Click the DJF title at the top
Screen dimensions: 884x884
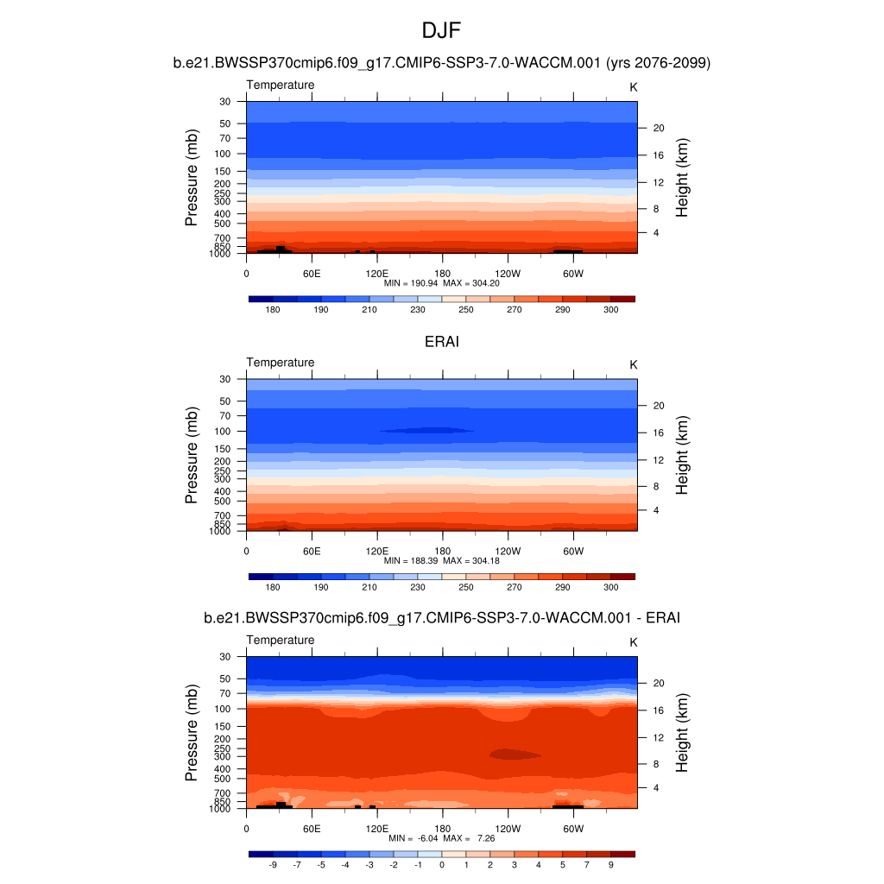pos(442,31)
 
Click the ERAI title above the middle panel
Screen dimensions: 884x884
pos(442,342)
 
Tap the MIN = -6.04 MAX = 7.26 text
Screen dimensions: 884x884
pos(441,838)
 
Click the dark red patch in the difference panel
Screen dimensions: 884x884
pos(515,754)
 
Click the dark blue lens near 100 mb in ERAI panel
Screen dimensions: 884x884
pos(426,430)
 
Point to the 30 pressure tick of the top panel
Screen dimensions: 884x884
pos(225,102)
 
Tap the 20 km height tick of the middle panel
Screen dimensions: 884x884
pos(657,406)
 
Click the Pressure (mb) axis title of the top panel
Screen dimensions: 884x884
pos(192,177)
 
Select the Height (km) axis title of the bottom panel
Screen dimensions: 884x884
pos(682,732)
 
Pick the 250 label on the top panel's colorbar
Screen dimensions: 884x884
pos(466,309)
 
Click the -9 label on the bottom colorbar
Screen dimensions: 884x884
pos(273,864)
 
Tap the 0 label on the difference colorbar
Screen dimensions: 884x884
pos(442,864)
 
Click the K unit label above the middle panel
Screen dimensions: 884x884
pos(634,365)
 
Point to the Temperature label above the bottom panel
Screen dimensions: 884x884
pos(281,640)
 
